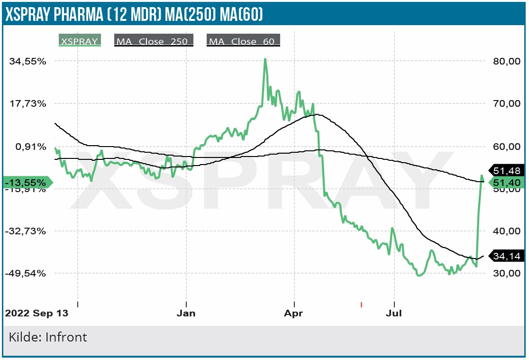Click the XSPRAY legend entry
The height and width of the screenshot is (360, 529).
pyautogui.click(x=80, y=41)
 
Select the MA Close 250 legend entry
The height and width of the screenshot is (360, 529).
pyautogui.click(x=154, y=41)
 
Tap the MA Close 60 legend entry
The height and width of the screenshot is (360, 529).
pyautogui.click(x=243, y=41)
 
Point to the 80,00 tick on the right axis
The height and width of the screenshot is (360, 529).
pyautogui.click(x=507, y=61)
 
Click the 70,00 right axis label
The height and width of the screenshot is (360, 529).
pyautogui.click(x=507, y=103)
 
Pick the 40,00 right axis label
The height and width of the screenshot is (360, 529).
pyautogui.click(x=507, y=231)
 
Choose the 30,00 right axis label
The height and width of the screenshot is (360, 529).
pyautogui.click(x=507, y=273)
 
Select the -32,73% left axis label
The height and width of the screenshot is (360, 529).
pyautogui.click(x=30, y=231)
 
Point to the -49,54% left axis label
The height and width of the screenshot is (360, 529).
pyautogui.click(x=30, y=273)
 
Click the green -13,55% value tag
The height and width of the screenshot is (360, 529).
pyautogui.click(x=27, y=183)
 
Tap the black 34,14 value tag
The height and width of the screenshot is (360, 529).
pyautogui.click(x=507, y=256)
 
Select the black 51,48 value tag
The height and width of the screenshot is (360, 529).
pyautogui.click(x=507, y=171)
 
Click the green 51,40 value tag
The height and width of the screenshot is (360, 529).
pyautogui.click(x=507, y=183)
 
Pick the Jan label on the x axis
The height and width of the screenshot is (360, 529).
pyautogui.click(x=186, y=314)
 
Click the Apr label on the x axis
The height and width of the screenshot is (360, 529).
pyautogui.click(x=294, y=314)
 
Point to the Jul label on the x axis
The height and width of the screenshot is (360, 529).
pyautogui.click(x=394, y=314)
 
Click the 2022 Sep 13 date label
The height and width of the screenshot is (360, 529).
pyautogui.click(x=36, y=314)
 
